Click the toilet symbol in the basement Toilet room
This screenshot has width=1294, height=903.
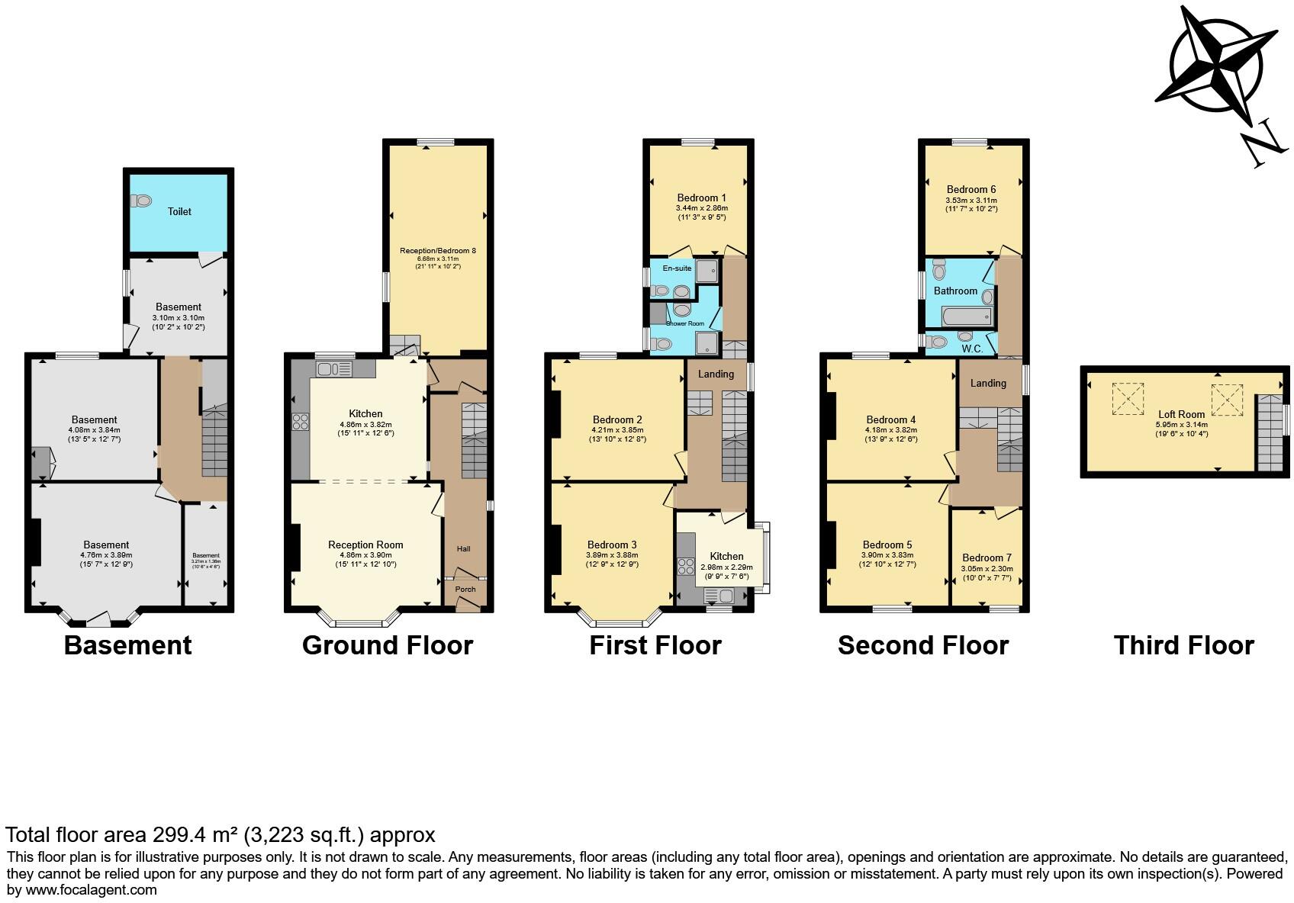142,201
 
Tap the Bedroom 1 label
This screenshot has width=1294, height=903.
701,198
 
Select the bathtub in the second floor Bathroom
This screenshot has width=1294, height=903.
967,316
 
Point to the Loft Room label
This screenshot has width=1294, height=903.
1181,415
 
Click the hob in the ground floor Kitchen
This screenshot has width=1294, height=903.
300,422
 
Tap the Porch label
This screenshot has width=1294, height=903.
465,589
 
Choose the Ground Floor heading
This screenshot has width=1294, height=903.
388,645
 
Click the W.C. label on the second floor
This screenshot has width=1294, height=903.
971,349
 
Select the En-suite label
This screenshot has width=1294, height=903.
677,268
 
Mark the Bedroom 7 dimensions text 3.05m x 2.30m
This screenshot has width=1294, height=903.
986,569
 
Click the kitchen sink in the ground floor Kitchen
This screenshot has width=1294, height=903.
333,370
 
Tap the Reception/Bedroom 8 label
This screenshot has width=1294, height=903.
438,250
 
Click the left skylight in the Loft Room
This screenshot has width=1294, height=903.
1128,398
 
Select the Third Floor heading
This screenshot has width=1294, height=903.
1183,645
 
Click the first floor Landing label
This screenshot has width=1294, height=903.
716,374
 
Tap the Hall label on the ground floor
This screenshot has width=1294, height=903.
463,549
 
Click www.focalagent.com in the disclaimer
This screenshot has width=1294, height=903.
91,889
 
